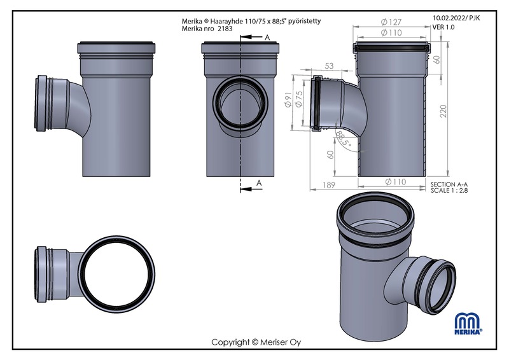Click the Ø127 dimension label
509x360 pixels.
[391, 22]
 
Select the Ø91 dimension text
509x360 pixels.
[288, 100]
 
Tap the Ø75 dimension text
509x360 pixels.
[299, 99]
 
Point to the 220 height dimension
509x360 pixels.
[443, 111]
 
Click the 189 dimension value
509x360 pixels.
[328, 184]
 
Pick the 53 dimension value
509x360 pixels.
[329, 66]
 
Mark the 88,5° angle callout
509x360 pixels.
[344, 139]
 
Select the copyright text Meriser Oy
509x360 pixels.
[281, 342]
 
